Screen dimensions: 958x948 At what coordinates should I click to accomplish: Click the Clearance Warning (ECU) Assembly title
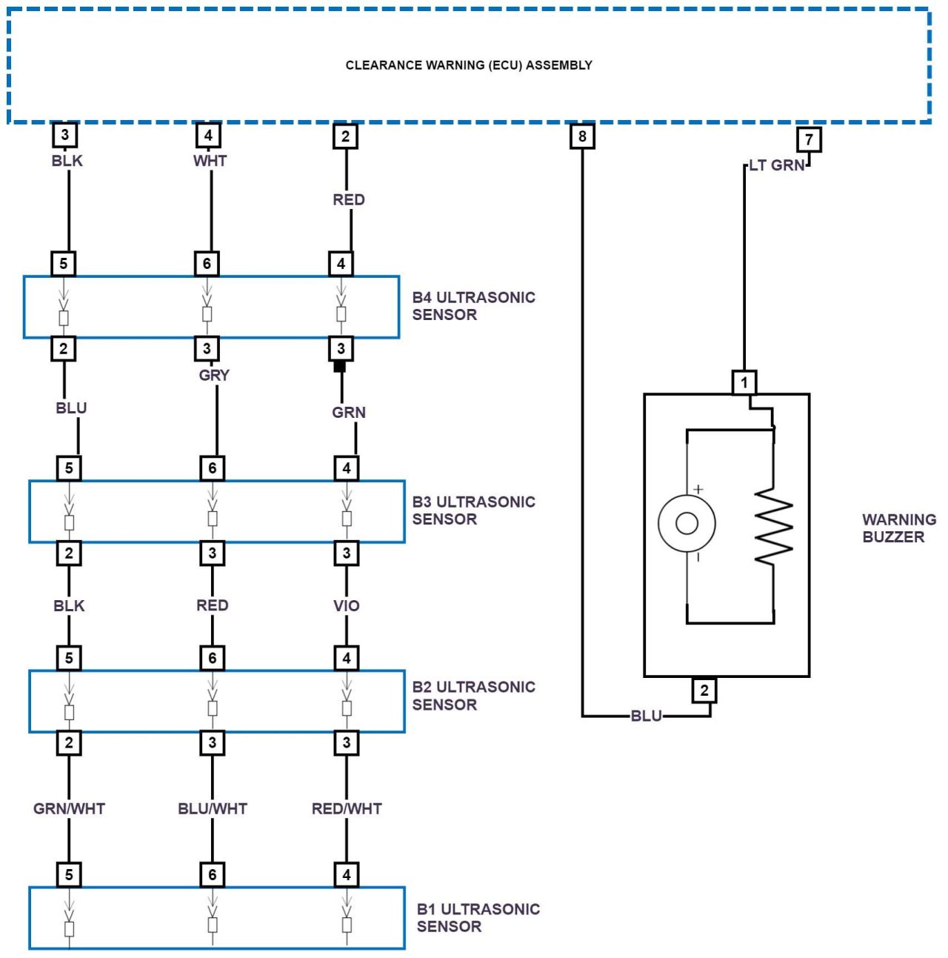pyautogui.click(x=469, y=65)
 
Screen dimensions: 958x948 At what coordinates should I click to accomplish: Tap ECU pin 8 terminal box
pyautogui.click(x=582, y=136)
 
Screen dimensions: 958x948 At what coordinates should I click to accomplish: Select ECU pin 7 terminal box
pyautogui.click(x=809, y=139)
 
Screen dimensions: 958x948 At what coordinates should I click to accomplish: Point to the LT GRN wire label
pyautogui.click(x=776, y=165)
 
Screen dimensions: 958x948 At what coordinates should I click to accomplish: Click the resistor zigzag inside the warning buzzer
pyautogui.click(x=773, y=526)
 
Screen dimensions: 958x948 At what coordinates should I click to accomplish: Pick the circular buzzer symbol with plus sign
pyautogui.click(x=687, y=523)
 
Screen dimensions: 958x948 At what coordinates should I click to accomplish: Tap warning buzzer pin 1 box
pyautogui.click(x=744, y=382)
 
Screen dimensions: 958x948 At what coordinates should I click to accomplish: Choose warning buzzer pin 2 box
pyautogui.click(x=704, y=691)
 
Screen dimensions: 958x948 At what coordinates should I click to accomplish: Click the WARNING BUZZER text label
pyautogui.click(x=898, y=528)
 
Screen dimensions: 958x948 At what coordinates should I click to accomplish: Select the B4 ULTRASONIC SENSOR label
pyautogui.click(x=473, y=306)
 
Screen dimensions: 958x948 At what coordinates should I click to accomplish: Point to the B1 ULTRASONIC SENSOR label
pyautogui.click(x=478, y=917)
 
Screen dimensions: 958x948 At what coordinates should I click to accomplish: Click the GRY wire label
pyautogui.click(x=214, y=376)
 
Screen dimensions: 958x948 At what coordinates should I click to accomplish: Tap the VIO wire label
pyautogui.click(x=346, y=606)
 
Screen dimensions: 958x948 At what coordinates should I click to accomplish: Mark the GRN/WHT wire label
pyautogui.click(x=69, y=809)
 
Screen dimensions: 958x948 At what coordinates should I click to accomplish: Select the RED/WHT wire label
pyautogui.click(x=347, y=809)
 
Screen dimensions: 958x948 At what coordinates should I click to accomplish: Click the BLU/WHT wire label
pyautogui.click(x=213, y=809)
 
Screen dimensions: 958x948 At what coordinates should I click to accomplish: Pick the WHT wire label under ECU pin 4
pyautogui.click(x=210, y=161)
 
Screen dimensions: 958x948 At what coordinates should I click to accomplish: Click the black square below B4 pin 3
pyautogui.click(x=340, y=366)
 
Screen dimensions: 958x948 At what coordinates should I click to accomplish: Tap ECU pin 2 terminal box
pyautogui.click(x=345, y=136)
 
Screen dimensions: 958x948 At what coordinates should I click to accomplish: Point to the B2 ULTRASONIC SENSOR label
pyautogui.click(x=473, y=696)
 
